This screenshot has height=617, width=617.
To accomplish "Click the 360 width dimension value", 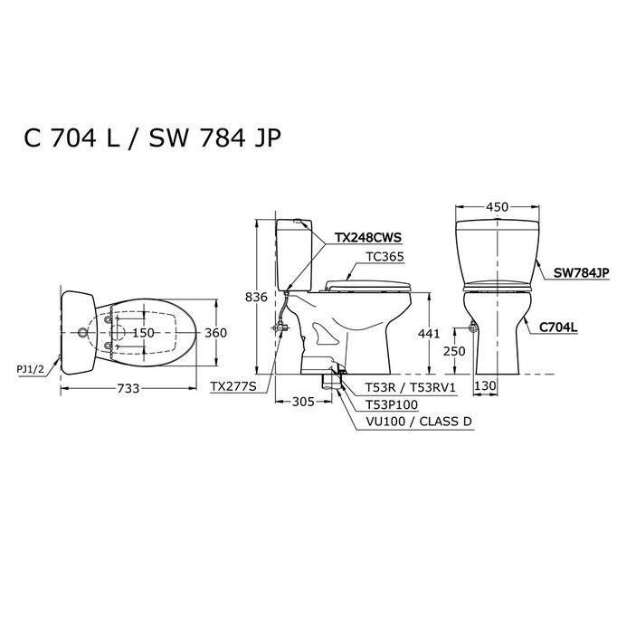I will pos(215,333).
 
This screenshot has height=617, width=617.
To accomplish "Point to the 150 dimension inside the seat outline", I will pos(145,333).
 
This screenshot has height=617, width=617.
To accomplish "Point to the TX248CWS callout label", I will pos(368,237).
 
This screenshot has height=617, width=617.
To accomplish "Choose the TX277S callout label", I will pos(233,386).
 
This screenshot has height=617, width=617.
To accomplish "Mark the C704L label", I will pos(558,327).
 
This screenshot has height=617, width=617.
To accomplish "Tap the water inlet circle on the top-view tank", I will pos(84,333).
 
